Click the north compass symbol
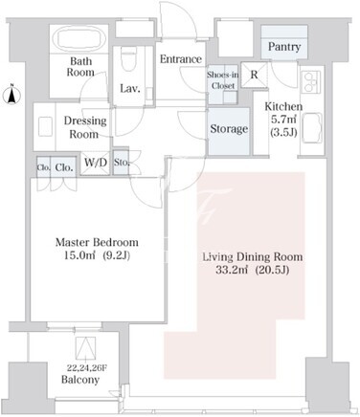coord(11,94)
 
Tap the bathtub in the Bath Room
coord(79,39)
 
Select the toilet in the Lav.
coord(129,58)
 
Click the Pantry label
coord(284,47)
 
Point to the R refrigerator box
coord(254,75)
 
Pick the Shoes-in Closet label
coord(223,80)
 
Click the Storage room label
coord(229,129)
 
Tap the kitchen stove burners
coord(311,82)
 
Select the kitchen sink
coord(311,128)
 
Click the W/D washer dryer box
coord(95,164)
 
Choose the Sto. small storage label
coord(122,163)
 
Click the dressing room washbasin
coord(45,127)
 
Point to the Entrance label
coord(181,59)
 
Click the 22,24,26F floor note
coord(86,368)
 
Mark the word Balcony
coord(80,380)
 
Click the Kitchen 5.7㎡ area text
coord(283,120)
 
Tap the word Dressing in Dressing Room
coord(85,121)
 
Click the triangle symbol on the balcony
coord(85,347)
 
